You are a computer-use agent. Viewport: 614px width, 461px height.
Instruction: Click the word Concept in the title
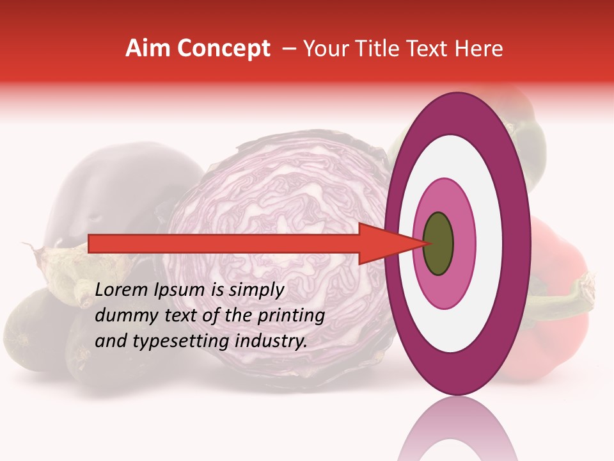[224, 49]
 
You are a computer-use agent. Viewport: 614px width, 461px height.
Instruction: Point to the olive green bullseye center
[438, 243]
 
